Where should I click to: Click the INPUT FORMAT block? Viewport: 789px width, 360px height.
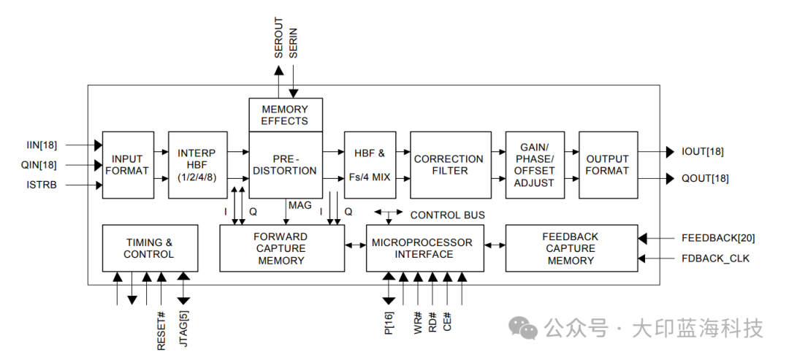[x=128, y=165]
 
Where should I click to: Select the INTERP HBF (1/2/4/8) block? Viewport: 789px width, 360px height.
[x=197, y=165]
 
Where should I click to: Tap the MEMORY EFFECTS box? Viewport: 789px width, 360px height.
[x=285, y=115]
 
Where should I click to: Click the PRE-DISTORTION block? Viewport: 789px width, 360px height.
[x=285, y=165]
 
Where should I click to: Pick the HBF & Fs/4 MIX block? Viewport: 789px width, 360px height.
[x=370, y=165]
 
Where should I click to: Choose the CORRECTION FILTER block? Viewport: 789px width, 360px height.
[x=449, y=165]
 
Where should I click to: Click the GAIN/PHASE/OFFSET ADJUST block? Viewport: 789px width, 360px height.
[x=534, y=165]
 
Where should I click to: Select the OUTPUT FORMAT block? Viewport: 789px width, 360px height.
[x=608, y=165]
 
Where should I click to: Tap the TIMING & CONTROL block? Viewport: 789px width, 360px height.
[x=149, y=249]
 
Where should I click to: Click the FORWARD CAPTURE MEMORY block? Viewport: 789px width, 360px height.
[x=281, y=249]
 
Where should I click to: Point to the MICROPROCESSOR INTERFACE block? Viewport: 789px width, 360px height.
[x=423, y=249]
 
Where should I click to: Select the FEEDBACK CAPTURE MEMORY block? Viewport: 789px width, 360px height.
[x=571, y=249]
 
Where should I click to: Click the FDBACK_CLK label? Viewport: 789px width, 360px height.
[x=716, y=258]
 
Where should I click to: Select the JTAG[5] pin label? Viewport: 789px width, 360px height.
[x=183, y=331]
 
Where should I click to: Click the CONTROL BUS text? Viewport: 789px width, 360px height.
[x=448, y=215]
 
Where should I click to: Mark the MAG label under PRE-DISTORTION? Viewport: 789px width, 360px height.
[x=300, y=205]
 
